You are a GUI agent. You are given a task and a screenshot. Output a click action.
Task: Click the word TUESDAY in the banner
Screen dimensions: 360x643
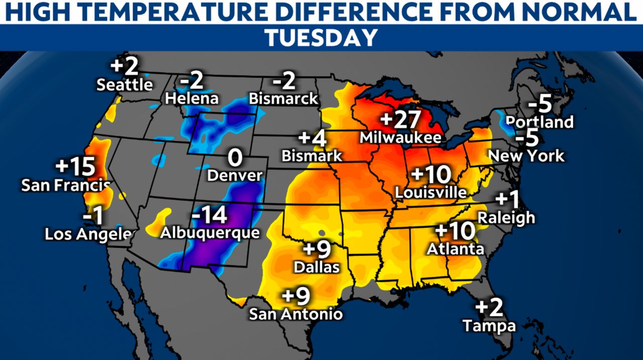321,38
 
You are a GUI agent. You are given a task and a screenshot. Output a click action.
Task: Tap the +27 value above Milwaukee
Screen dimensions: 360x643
400,120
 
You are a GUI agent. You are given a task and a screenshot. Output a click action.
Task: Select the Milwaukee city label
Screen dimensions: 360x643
400,137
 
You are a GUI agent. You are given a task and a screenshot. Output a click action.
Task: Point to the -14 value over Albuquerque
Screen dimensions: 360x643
209,216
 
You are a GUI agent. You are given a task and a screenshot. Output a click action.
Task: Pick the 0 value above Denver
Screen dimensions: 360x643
235,158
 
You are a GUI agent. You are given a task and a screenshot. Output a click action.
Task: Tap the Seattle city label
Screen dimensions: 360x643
125,84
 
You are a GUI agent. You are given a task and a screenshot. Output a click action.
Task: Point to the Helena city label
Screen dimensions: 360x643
192,98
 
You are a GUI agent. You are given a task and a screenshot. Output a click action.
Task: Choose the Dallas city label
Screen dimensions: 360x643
316,267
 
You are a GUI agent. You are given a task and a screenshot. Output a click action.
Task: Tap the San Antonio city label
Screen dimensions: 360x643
296,314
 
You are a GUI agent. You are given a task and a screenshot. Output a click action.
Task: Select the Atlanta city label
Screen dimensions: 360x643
456,249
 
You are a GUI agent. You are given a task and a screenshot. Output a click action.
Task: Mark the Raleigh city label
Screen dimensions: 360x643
506,218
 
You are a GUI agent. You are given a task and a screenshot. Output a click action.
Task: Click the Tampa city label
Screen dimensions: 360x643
489,326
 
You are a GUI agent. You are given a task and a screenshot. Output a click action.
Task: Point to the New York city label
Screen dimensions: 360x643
526,156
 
